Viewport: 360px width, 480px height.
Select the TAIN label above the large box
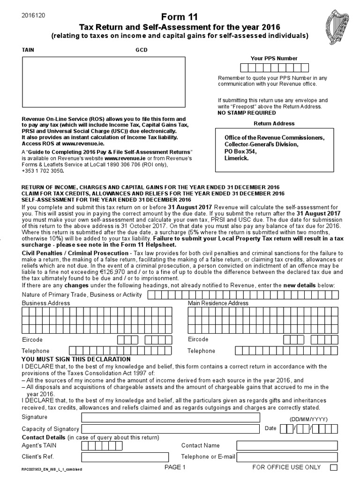tap(28, 50)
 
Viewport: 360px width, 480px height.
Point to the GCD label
tap(142, 50)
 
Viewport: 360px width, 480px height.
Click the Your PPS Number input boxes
tap(274, 67)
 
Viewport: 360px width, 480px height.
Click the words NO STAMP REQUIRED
tap(247, 113)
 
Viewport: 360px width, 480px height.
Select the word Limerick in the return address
tap(237, 158)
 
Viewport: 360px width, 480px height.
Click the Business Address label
tap(46, 303)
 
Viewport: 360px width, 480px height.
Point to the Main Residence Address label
tap(218, 303)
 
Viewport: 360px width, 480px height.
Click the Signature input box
tap(170, 417)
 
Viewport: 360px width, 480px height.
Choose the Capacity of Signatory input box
tap(170, 429)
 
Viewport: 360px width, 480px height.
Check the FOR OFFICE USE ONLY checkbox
tap(334, 467)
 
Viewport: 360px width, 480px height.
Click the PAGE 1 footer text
tap(175, 467)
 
